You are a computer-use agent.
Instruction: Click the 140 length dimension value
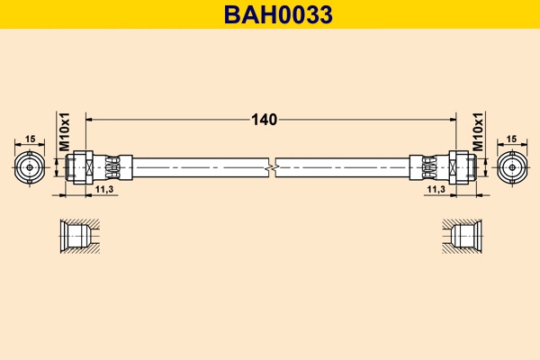pyautogui.click(x=265, y=119)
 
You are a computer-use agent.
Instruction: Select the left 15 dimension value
pyautogui.click(x=30, y=139)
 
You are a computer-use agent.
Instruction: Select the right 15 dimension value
pyautogui.click(x=511, y=139)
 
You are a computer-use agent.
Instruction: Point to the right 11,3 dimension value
pyautogui.click(x=436, y=189)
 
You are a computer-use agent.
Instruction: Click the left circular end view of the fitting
pyautogui.click(x=30, y=167)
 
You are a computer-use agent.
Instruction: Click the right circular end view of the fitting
pyautogui.click(x=511, y=167)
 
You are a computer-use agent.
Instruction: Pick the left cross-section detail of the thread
pyautogui.click(x=76, y=237)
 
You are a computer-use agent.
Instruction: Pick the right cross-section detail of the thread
pyautogui.click(x=464, y=237)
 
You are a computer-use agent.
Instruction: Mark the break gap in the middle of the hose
pyautogui.click(x=271, y=167)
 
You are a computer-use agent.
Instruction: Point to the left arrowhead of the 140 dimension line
pyautogui.click(x=89, y=119)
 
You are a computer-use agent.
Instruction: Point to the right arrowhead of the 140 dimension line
pyautogui.click(x=453, y=119)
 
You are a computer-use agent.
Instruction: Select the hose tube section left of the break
pyautogui.click(x=198, y=167)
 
